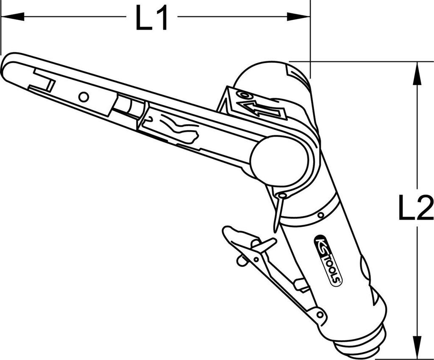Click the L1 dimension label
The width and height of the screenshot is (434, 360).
point(151,18)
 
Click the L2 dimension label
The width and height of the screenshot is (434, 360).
point(415,207)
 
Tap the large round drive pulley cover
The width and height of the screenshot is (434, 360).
point(279,160)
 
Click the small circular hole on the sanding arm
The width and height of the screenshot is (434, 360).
point(84,97)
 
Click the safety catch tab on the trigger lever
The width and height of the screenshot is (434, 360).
point(263,246)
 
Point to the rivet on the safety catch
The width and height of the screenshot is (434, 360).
point(242,260)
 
